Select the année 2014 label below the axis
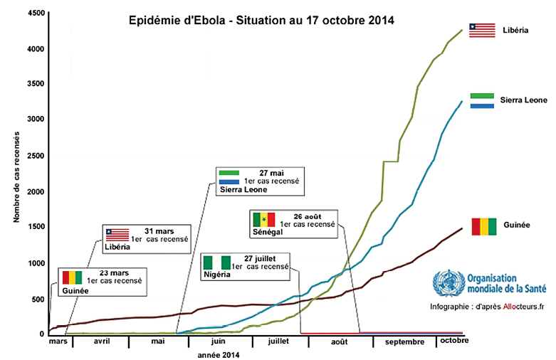pyautogui.click(x=218, y=354)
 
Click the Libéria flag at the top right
pyautogui.click(x=481, y=30)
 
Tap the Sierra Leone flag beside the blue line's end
pyautogui.click(x=483, y=100)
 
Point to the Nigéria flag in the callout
pyautogui.click(x=216, y=263)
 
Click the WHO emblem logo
pyautogui.click(x=445, y=282)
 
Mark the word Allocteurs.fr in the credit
pyautogui.click(x=505, y=307)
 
